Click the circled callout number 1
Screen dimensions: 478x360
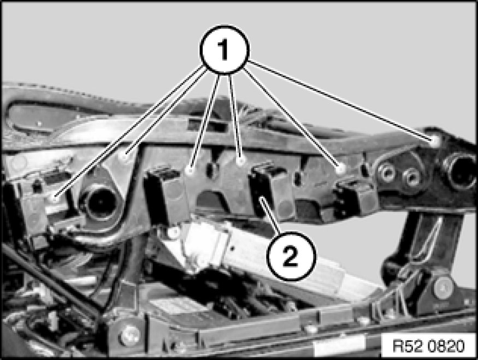tap(225, 50)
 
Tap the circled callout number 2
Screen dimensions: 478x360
tap(291, 256)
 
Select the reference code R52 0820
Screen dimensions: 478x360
tap(428, 346)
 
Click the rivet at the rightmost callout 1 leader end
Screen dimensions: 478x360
tap(434, 140)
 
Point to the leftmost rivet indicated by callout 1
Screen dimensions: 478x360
tap(55, 198)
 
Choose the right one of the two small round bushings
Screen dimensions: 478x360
tap(411, 178)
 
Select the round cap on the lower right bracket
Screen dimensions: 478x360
tap(444, 287)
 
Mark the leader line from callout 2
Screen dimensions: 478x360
tap(270, 216)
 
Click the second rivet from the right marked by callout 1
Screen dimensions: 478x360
tap(341, 168)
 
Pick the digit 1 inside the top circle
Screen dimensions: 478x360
tap(224, 50)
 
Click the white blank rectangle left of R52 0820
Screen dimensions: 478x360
tap(339, 346)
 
